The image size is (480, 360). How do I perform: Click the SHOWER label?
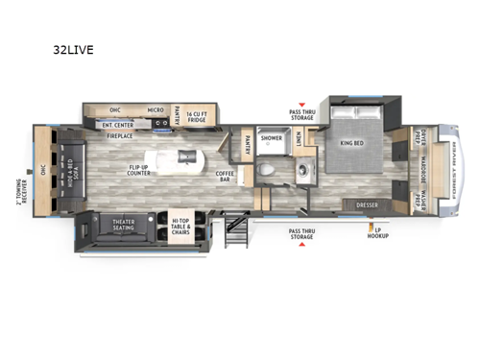(272, 137)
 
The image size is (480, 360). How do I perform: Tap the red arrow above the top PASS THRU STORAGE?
(304, 104)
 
